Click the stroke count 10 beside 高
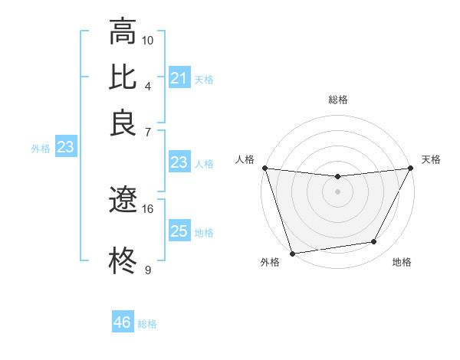pos(148,39)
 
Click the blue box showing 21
pos(179,78)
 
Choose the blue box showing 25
pos(179,231)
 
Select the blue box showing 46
pos(122,322)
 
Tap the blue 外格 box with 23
pos(65,147)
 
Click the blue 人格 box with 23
pos(179,162)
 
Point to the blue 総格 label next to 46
pos(147,323)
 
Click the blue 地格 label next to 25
pos(204,232)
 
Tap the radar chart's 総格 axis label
pos(337,100)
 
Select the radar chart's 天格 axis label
pos(431,159)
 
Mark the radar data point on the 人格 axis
pos(265,168)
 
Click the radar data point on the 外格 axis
pos(293,253)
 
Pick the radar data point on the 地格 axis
pos(374,242)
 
